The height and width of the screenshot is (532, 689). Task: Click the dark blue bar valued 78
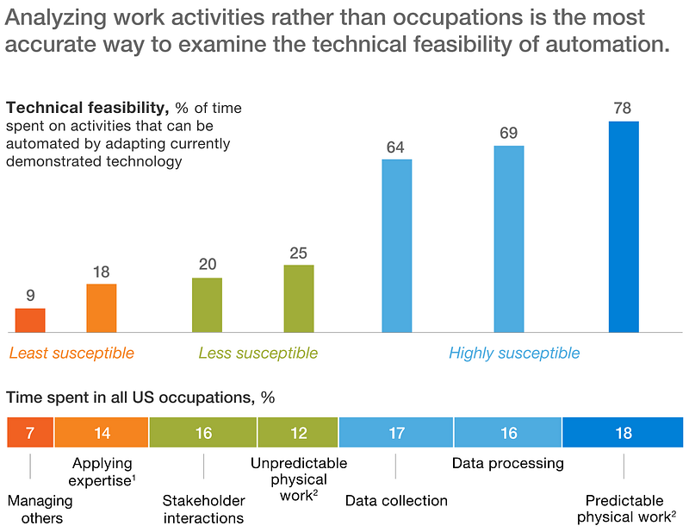point(624,227)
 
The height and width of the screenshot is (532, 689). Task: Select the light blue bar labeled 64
point(396,246)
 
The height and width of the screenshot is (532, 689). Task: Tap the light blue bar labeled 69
point(508,239)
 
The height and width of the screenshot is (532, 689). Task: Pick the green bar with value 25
point(299,298)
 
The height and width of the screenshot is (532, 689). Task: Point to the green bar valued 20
point(207,305)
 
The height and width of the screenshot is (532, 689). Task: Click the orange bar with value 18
point(102,308)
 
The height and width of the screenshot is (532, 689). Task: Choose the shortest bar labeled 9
point(30,320)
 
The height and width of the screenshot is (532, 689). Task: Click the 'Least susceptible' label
point(71,354)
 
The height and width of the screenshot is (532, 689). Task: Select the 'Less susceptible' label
point(258,354)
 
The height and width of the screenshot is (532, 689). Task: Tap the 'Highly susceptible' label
point(514,354)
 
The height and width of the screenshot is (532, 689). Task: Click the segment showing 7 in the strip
point(30,433)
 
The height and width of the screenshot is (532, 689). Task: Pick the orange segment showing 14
point(102,433)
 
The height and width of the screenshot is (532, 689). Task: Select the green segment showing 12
point(298,433)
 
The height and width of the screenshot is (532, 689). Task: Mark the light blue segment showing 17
point(396,433)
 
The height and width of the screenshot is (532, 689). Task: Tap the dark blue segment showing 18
point(624,433)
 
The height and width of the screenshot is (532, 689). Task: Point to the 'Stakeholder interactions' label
point(203,509)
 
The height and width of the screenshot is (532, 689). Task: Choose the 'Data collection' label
point(396,501)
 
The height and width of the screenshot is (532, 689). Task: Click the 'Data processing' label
point(508,464)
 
